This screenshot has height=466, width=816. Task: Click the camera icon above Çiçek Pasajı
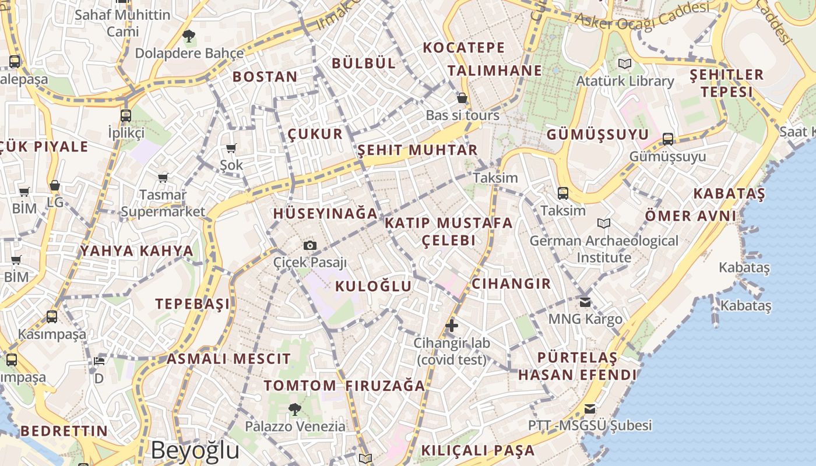point(310,245)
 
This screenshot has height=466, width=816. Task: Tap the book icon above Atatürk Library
point(625,63)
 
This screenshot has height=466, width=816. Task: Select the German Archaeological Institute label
point(604,249)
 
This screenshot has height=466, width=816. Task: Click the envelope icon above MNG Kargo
point(585,302)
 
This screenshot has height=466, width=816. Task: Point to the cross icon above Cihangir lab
point(451,325)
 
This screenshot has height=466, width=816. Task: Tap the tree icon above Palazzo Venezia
point(295,409)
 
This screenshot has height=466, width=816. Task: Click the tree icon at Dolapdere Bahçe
point(188,37)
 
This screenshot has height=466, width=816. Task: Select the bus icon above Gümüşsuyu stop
point(668,139)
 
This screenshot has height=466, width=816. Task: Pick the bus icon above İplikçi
point(126,115)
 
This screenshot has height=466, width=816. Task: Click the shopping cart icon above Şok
point(231,149)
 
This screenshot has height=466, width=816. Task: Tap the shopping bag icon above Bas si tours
point(462,98)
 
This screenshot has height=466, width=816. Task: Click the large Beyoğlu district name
point(195,450)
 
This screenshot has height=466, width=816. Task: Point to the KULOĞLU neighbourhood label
point(373,286)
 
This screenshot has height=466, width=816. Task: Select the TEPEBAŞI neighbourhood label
point(192,303)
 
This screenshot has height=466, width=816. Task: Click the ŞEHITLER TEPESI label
point(726,83)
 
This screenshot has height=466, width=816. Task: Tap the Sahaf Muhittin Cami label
point(122,22)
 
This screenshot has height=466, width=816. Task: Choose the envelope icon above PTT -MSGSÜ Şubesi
point(590,408)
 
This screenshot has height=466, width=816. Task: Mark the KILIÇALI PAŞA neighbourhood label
point(477,450)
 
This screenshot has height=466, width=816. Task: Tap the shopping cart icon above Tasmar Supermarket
point(163,178)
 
